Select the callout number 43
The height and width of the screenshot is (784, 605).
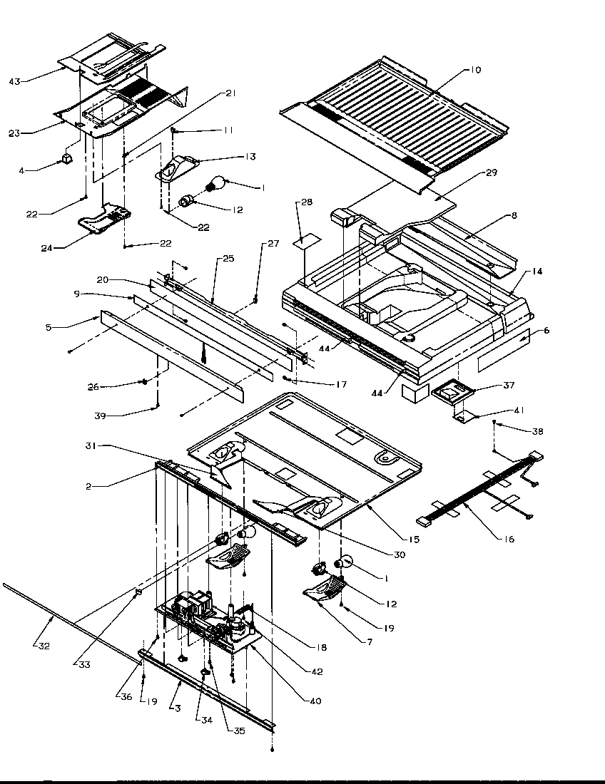(x=14, y=81)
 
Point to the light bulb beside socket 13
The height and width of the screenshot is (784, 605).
(x=222, y=184)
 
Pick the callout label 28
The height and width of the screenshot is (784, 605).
(x=305, y=202)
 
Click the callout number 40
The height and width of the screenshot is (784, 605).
(x=314, y=701)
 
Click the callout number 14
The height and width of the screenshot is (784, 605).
(x=537, y=272)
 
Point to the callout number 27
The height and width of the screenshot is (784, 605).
(x=274, y=244)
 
